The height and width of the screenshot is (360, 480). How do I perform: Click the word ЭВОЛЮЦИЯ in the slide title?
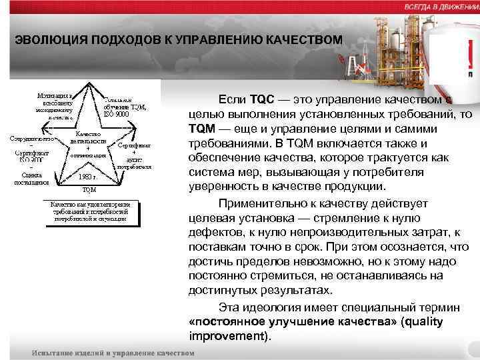click(46, 39)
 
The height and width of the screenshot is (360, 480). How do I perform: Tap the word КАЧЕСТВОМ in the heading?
click(304, 39)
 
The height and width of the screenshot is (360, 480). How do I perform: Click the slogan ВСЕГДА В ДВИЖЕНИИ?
click(441, 6)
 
